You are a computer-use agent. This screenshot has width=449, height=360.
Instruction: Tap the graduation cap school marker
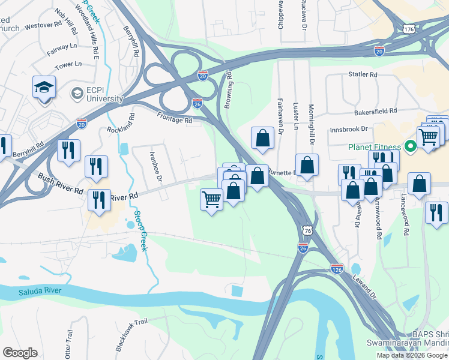pyautogui.click(x=44, y=89)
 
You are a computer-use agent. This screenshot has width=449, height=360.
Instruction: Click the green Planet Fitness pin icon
pyautogui.click(x=411, y=146)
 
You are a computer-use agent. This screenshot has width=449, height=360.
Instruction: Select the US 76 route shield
pyautogui.click(x=307, y=230)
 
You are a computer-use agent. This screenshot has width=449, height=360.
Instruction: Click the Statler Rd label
pyautogui.click(x=363, y=75)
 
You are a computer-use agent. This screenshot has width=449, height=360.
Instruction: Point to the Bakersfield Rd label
pyautogui.click(x=376, y=111)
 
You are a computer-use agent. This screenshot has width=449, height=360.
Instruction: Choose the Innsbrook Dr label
pyautogui.click(x=348, y=129)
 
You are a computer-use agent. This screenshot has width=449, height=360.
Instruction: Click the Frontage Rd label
pyautogui.click(x=175, y=118)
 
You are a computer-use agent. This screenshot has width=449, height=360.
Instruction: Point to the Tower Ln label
pyautogui.click(x=68, y=64)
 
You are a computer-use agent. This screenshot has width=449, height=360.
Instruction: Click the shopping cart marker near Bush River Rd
pyautogui.click(x=211, y=199)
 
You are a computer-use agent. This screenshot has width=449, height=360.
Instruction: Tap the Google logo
pyautogui.click(x=20, y=353)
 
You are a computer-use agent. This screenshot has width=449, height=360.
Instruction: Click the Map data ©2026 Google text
pyautogui.click(x=411, y=355)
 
